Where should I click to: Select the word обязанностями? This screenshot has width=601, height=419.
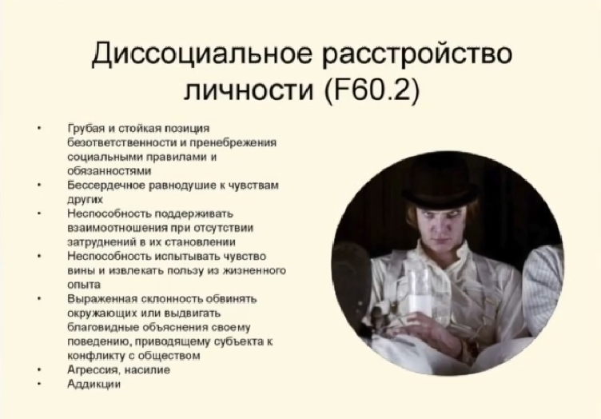[109, 171]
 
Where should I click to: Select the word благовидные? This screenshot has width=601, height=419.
[103, 327]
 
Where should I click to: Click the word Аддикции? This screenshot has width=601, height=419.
[94, 384]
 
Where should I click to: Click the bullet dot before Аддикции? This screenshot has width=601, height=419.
[39, 384]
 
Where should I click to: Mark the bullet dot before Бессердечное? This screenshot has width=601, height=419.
[39, 186]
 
